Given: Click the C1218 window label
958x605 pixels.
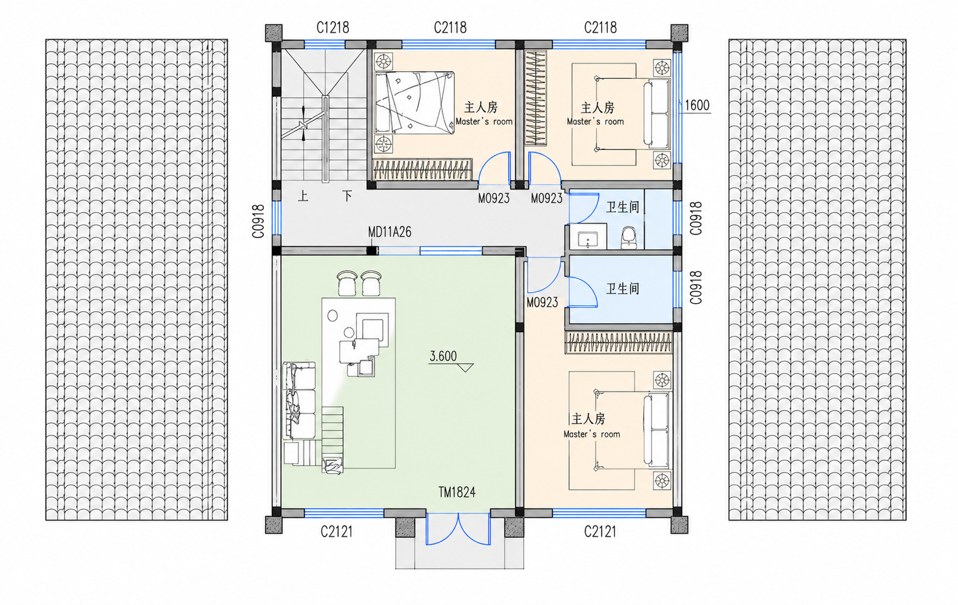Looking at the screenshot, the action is point(332,28).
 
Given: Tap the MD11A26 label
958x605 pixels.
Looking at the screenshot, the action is point(390,232).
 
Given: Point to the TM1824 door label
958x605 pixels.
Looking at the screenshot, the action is point(457,493).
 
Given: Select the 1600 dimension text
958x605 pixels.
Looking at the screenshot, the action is point(697,105).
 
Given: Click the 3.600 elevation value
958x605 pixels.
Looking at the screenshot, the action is point(443,356).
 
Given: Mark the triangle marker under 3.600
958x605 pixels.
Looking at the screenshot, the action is point(465,367).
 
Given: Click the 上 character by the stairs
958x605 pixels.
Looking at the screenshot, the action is point(303,197).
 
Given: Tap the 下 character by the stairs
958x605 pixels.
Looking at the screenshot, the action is point(347,196).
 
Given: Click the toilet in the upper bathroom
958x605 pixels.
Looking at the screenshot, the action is point(629,238).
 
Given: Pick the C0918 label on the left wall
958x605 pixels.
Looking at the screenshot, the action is point(258,221).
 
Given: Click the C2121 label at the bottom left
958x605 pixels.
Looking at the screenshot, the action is point(337,532).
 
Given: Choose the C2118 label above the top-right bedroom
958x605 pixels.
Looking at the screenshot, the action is point(601,28).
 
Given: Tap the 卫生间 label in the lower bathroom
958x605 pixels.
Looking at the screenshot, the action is point(622,289).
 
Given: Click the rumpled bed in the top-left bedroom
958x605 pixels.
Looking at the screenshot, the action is point(414,103).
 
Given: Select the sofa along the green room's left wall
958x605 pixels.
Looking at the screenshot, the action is point(299,401).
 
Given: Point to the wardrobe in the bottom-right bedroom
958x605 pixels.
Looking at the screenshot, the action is point(618,343).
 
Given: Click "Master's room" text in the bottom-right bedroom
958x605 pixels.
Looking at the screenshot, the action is point(592,434).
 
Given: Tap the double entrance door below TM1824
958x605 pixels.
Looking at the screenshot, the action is point(458,529).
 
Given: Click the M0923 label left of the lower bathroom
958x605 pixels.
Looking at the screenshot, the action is point(542,302).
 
